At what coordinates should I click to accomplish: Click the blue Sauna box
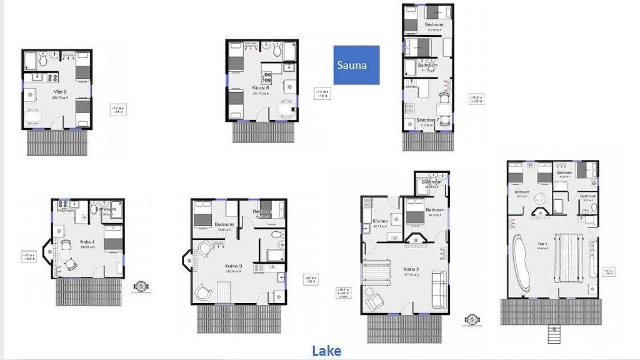(x=356, y=65)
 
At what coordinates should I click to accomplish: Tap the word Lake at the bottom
(x=326, y=351)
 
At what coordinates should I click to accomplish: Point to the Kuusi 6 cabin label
(x=261, y=88)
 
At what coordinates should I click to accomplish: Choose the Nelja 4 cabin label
(x=87, y=241)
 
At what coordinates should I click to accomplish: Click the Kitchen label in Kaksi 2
(x=381, y=221)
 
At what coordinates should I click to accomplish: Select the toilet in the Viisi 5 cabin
(x=44, y=61)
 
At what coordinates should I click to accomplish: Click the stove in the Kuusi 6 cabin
(x=267, y=78)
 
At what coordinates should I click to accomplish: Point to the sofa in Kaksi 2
(x=439, y=289)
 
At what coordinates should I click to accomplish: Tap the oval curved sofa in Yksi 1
(x=521, y=264)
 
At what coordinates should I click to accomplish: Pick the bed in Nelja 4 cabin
(x=113, y=242)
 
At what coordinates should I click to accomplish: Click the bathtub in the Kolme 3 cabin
(x=276, y=254)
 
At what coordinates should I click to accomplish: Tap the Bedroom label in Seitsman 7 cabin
(x=434, y=25)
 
